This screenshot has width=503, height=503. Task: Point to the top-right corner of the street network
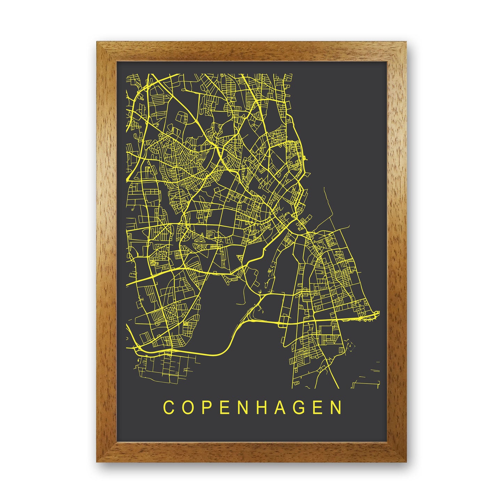291,74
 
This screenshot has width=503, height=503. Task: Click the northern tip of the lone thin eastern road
324,187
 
